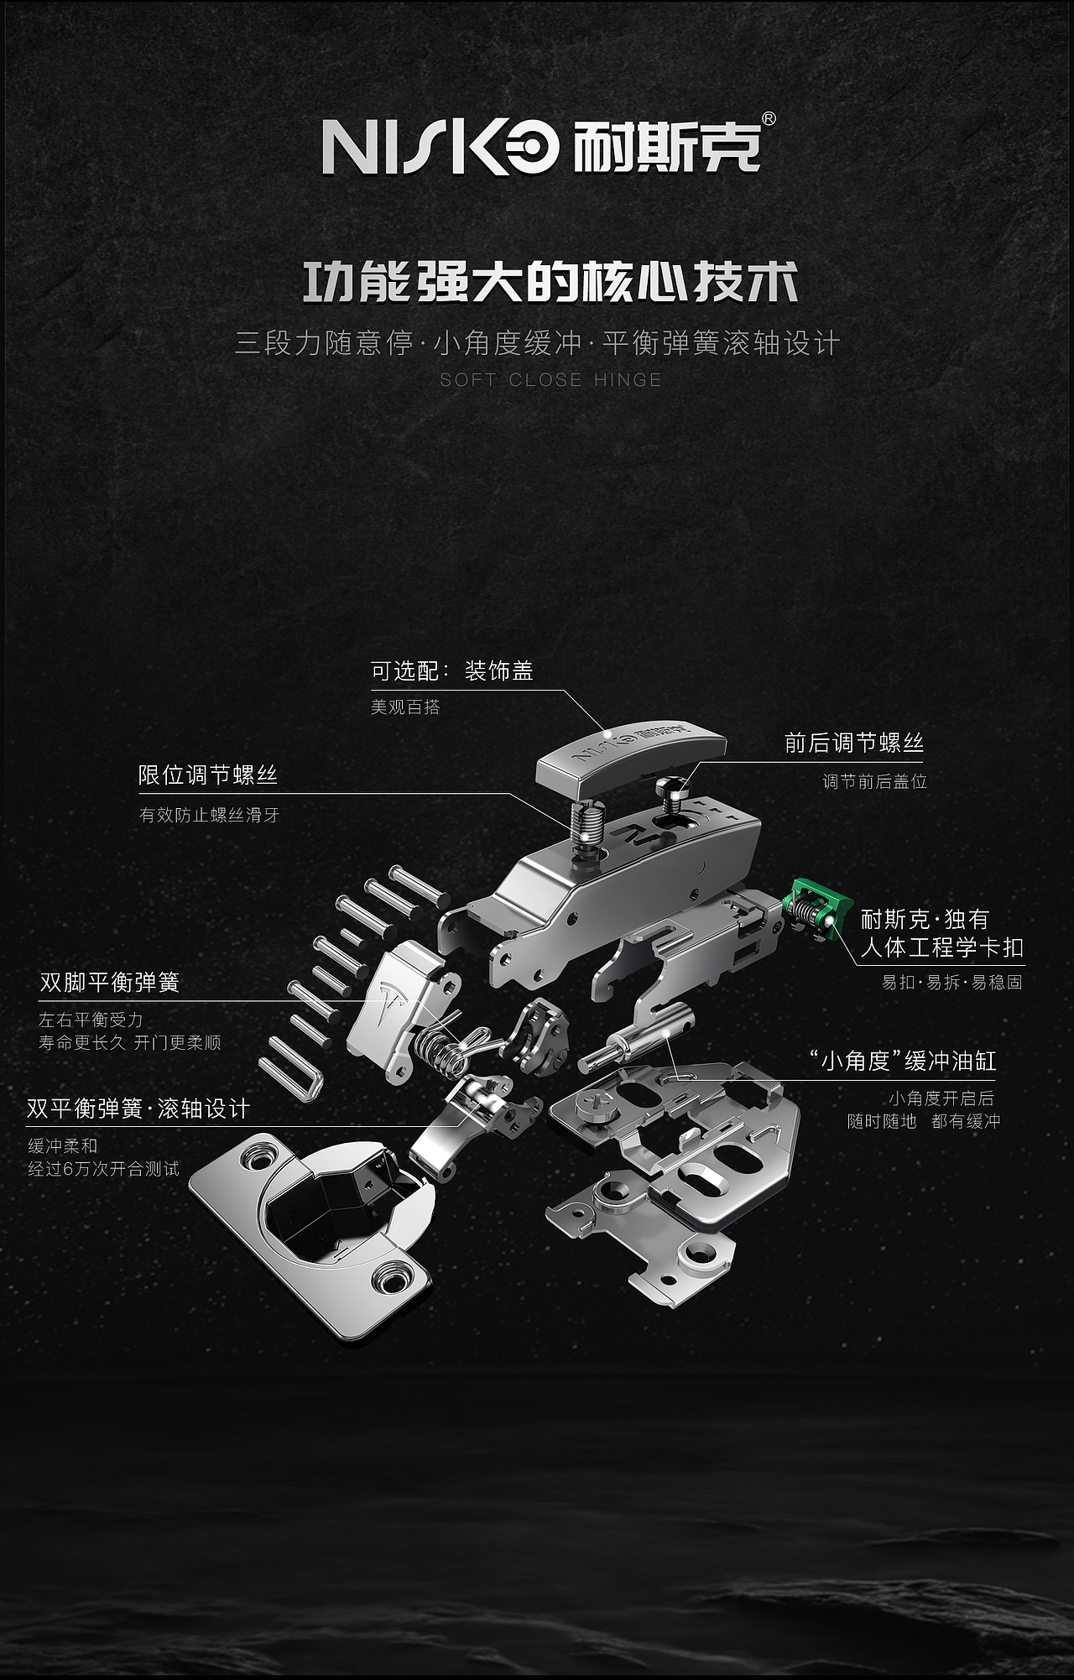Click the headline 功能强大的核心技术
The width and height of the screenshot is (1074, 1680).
[550, 284]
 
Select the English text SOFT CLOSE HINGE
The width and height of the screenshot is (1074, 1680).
[550, 380]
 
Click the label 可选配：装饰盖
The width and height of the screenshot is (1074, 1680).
[451, 671]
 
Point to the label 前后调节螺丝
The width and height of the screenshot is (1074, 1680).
[853, 743]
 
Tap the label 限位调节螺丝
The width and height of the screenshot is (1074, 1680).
[207, 775]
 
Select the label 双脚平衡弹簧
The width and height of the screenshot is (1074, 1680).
[109, 983]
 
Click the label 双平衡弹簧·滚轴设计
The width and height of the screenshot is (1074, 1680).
[138, 1109]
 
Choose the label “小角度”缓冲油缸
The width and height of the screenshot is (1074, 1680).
[903, 1062]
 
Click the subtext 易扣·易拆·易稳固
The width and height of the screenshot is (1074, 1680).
[951, 983]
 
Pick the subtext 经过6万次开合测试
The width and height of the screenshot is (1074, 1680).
[103, 1169]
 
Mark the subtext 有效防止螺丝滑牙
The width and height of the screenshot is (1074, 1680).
[209, 815]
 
